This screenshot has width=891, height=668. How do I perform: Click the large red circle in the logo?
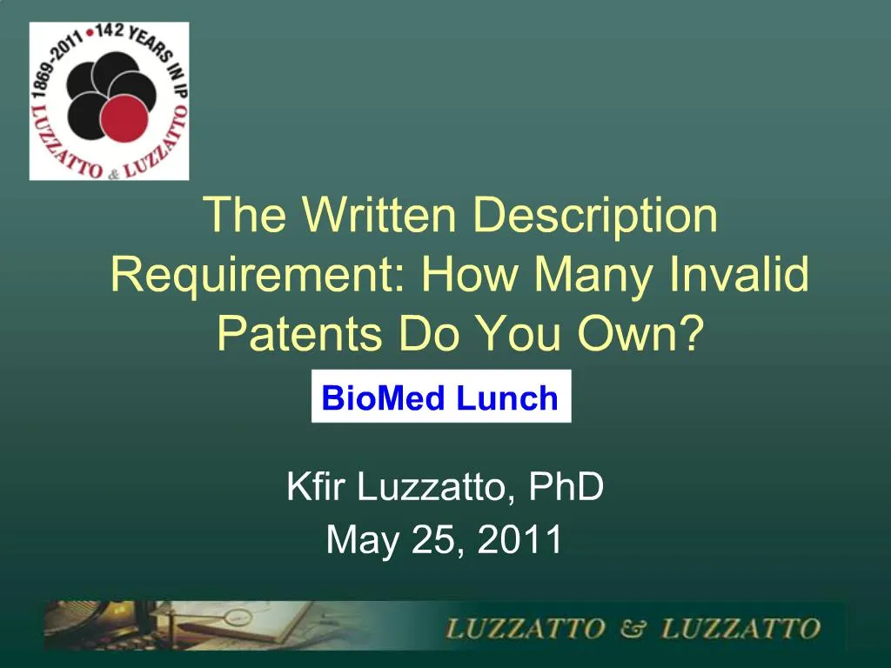124,119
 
